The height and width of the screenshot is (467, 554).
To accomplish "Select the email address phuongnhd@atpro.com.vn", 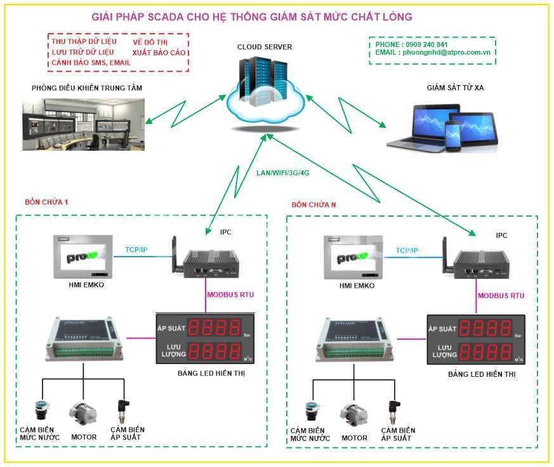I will (445, 53).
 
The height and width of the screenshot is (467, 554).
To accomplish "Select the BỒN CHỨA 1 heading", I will (46, 202).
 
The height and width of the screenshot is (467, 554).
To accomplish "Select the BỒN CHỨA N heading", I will (313, 205).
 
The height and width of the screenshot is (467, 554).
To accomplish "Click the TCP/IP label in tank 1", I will (136, 250).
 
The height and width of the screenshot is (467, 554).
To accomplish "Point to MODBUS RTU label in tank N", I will (501, 295).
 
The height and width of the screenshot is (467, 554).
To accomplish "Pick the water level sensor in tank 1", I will (43, 412).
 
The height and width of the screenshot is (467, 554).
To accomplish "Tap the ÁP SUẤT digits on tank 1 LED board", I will (215, 328).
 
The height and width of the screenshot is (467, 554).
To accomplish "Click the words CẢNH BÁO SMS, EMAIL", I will (90, 63).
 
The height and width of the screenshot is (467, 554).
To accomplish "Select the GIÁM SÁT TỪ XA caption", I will (455, 88).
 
